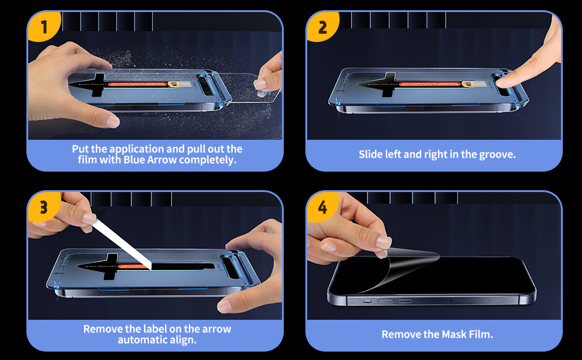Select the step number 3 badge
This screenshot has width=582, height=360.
(43, 207)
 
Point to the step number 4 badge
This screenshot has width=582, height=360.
(322, 207)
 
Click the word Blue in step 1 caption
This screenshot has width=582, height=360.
(134, 160)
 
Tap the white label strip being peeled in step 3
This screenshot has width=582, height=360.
(122, 244)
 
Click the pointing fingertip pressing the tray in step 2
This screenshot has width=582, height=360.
(504, 82)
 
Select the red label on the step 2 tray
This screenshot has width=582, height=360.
(430, 84)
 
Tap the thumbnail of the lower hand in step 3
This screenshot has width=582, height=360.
(225, 305)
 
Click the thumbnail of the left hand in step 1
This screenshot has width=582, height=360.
(113, 121)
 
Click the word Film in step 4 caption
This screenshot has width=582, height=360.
(481, 334)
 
